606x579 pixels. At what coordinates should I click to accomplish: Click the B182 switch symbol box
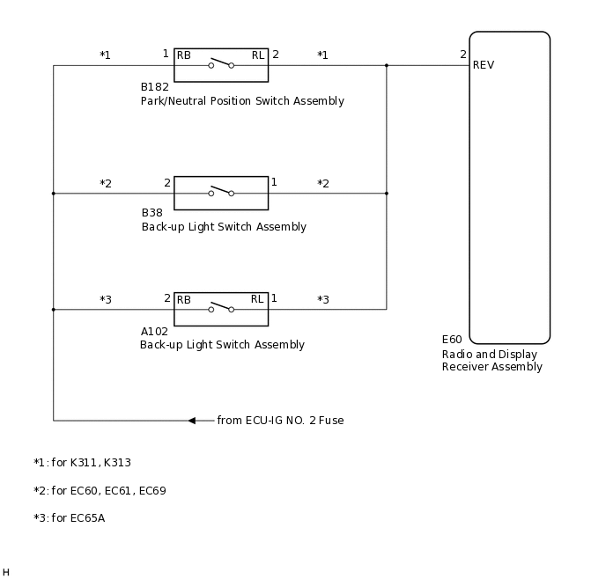[221, 65]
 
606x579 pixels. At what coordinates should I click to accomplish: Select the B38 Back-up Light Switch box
[221, 193]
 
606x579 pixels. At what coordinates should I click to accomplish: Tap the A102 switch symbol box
[221, 309]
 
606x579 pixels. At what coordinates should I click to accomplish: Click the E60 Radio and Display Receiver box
[509, 187]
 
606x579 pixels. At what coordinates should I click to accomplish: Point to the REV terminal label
[484, 65]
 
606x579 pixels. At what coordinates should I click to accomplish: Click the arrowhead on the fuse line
[192, 421]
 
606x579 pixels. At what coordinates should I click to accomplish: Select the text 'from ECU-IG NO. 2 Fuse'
[280, 421]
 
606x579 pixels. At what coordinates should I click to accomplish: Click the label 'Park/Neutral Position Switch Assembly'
[242, 101]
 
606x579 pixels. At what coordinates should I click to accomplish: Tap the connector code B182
[155, 88]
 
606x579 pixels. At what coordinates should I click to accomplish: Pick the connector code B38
[152, 213]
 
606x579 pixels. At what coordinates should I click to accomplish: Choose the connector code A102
[154, 332]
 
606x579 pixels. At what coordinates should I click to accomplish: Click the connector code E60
[452, 340]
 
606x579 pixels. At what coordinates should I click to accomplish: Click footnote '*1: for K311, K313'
[82, 463]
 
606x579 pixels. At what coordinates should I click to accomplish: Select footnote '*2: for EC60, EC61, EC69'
[100, 491]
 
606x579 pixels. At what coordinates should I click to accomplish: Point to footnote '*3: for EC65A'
[69, 518]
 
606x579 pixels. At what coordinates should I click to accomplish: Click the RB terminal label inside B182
[184, 55]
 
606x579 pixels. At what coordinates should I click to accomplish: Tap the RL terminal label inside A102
[257, 299]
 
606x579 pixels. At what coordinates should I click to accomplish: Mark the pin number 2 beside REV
[463, 55]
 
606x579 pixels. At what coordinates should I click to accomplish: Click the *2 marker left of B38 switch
[106, 184]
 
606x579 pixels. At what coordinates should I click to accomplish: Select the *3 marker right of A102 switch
[323, 300]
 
